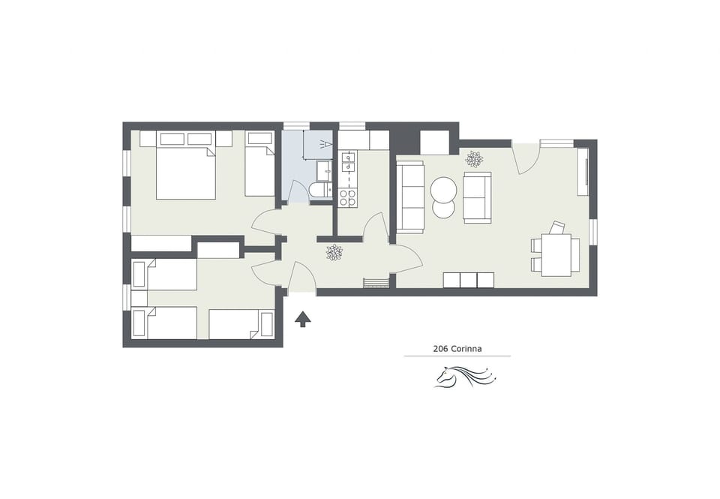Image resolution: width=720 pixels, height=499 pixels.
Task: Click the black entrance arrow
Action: pos(303,320)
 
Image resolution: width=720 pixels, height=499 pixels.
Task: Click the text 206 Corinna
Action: pos(457,348)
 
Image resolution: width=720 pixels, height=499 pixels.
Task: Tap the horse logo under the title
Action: pos(462,375)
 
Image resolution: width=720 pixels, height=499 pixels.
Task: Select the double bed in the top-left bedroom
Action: pos(185,173)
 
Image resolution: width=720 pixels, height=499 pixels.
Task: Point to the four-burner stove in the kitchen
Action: pos(348,197)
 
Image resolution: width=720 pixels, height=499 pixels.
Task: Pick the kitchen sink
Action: pos(348,162)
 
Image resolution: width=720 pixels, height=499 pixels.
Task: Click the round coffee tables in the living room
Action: pos(443,197)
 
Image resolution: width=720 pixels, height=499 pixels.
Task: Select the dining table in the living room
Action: pos(556,255)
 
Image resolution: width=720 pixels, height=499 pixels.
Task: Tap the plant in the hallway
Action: pos(334,252)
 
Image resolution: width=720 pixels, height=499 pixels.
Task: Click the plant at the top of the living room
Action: pos(474,158)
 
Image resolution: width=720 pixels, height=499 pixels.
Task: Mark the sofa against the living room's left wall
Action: pos(410,197)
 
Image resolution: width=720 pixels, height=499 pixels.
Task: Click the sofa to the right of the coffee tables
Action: pos(477,197)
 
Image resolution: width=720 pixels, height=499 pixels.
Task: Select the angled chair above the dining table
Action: pos(556,227)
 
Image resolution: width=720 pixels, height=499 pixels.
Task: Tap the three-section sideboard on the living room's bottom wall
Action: pos(469,280)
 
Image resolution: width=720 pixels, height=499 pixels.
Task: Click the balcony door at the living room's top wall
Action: pos(526,158)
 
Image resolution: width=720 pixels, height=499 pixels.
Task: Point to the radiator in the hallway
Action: pos(376,283)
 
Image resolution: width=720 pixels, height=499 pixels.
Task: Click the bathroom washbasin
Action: pos(325,170)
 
